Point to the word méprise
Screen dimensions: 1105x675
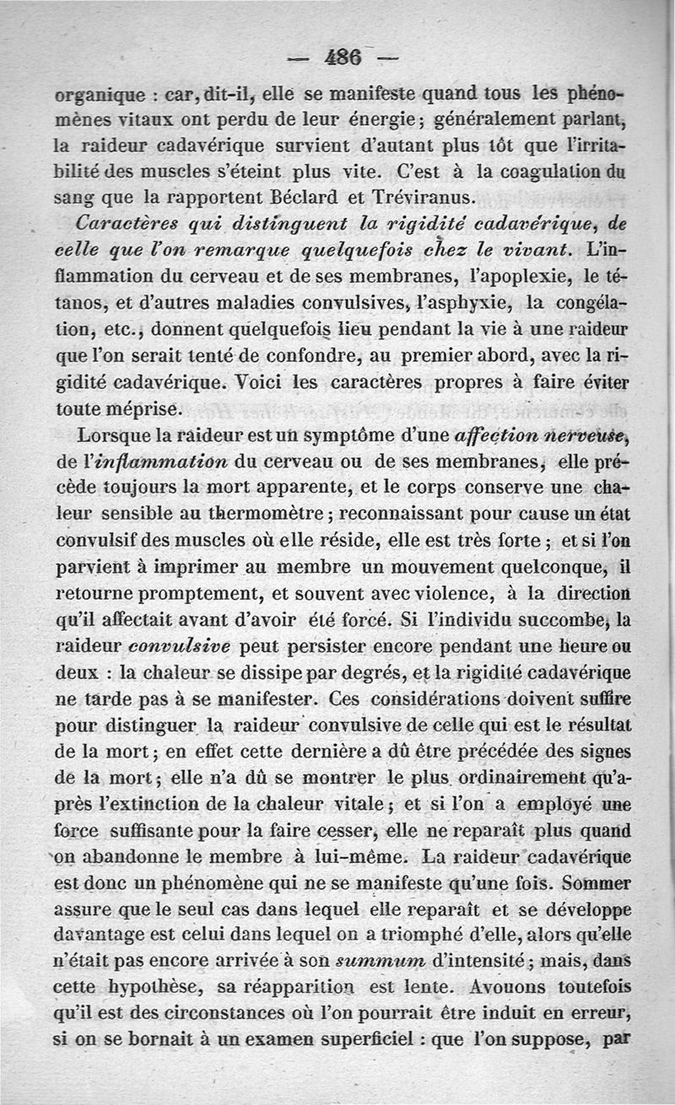pyautogui.click(x=144, y=409)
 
